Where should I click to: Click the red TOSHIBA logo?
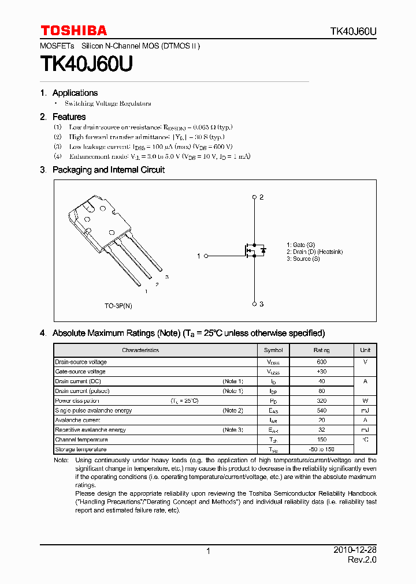[73, 31]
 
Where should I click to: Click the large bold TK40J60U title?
[86, 63]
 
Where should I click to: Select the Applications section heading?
[75, 93]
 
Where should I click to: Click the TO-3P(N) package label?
[118, 305]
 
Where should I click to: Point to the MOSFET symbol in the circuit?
[254, 250]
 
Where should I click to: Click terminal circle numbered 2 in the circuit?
[254, 197]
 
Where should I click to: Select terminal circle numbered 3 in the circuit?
[254, 304]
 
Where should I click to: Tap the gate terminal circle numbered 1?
[206, 256]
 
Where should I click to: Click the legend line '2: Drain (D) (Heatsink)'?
[314, 252]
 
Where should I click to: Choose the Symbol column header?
[273, 350]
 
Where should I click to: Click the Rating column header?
[321, 350]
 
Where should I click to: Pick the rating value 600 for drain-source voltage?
[321, 362]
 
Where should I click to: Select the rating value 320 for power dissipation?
[321, 401]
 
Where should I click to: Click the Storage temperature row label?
[80, 450]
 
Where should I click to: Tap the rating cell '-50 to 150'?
[321, 450]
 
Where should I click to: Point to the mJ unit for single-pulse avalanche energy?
[365, 411]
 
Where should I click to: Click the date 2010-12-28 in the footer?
[355, 551]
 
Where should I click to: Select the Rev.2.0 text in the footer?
[362, 560]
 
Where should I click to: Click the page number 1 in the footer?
[208, 552]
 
